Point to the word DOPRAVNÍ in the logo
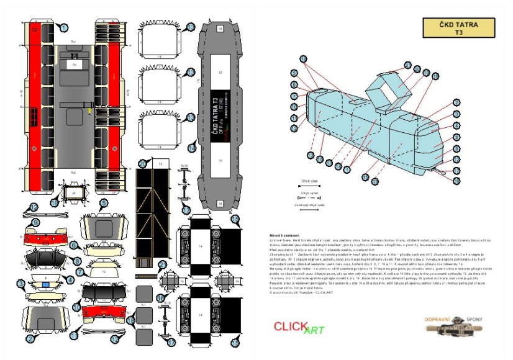[x=441, y=318]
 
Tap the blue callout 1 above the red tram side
[x=64, y=27]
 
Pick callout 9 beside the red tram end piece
[x=35, y=223]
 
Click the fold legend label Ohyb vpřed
[x=309, y=193]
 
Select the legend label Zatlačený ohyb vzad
[x=309, y=204]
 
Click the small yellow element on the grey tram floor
[x=89, y=111]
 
